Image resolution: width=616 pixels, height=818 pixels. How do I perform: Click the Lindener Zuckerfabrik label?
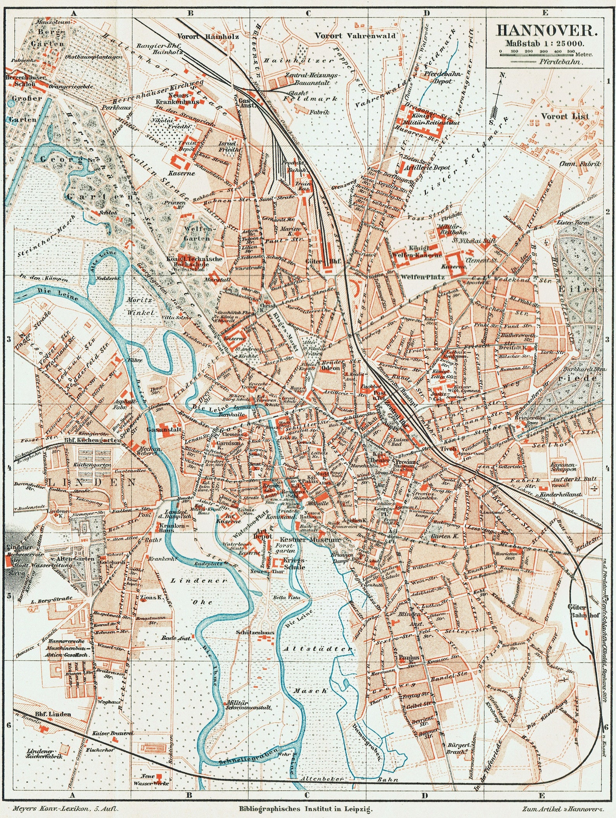click(x=40, y=753)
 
